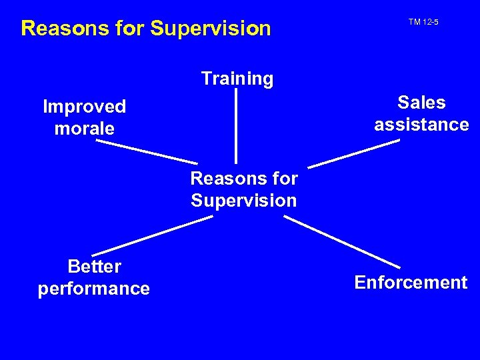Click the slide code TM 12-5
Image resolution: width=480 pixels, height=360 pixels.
click(x=423, y=23)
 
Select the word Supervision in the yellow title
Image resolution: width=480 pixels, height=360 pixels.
click(x=211, y=28)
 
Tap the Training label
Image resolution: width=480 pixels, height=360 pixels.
click(x=237, y=79)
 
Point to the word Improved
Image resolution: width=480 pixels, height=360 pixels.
click(x=84, y=107)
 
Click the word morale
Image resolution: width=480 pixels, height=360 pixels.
click(x=84, y=128)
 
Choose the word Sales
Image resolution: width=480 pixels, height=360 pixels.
click(x=421, y=103)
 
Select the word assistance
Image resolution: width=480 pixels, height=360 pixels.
click(x=421, y=125)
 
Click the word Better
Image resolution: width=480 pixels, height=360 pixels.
click(x=94, y=267)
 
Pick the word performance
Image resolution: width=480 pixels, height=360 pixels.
click(x=94, y=289)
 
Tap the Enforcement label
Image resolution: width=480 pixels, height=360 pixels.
click(x=411, y=283)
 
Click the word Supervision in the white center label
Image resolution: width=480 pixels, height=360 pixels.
click(x=244, y=201)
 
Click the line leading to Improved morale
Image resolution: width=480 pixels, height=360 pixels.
click(x=147, y=151)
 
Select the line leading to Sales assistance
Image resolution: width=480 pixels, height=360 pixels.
click(x=353, y=153)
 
